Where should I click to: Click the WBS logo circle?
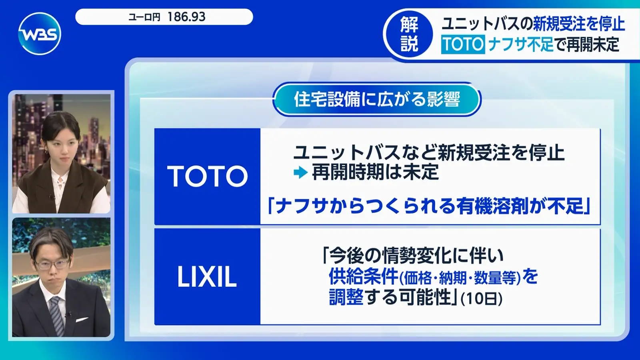(x=40, y=34)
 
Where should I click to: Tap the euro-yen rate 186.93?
(x=186, y=17)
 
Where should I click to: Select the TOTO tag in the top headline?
(x=463, y=44)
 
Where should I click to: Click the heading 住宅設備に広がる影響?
(x=377, y=100)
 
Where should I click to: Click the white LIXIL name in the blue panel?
(x=207, y=276)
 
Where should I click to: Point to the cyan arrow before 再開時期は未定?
(x=300, y=172)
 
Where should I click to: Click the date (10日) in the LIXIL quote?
(x=482, y=299)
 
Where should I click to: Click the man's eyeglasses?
(x=53, y=264)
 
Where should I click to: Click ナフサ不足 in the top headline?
(x=521, y=44)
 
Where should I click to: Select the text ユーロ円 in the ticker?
(x=144, y=18)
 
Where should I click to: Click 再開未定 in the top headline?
(x=593, y=44)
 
